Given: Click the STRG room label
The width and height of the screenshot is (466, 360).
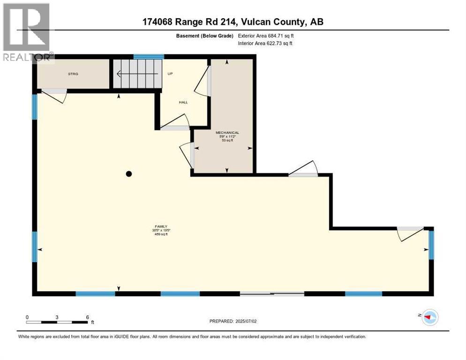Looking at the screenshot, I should pyautogui.click(x=73, y=74).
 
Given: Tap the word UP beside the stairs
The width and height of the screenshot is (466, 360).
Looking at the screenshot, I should pyautogui.click(x=170, y=74).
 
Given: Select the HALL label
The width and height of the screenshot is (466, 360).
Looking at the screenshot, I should pyautogui.click(x=183, y=102).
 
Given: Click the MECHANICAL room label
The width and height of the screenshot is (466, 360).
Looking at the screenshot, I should pyautogui.click(x=227, y=133).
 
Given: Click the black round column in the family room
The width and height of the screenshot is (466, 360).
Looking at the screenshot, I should pyautogui.click(x=129, y=174).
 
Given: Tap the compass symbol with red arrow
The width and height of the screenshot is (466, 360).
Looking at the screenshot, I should pyautogui.click(x=429, y=317).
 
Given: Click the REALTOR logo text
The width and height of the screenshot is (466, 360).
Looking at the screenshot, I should pyautogui.click(x=27, y=58).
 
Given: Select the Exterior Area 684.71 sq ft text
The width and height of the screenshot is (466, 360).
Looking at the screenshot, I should pyautogui.click(x=266, y=36).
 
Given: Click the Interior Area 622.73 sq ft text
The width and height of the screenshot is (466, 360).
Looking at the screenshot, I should pyautogui.click(x=265, y=44).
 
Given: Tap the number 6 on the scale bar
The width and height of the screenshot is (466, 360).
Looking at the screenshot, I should pyautogui.click(x=87, y=317).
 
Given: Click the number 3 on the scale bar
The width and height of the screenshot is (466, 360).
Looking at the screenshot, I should pyautogui.click(x=57, y=317).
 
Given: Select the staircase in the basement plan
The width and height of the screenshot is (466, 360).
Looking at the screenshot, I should pyautogui.click(x=136, y=74).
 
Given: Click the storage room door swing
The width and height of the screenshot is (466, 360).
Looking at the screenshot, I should pyautogui.click(x=55, y=96).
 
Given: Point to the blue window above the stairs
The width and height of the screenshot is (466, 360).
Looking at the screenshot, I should pyautogui.click(x=148, y=57).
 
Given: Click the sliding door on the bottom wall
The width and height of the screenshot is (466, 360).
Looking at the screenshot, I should pyautogui.click(x=272, y=294).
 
